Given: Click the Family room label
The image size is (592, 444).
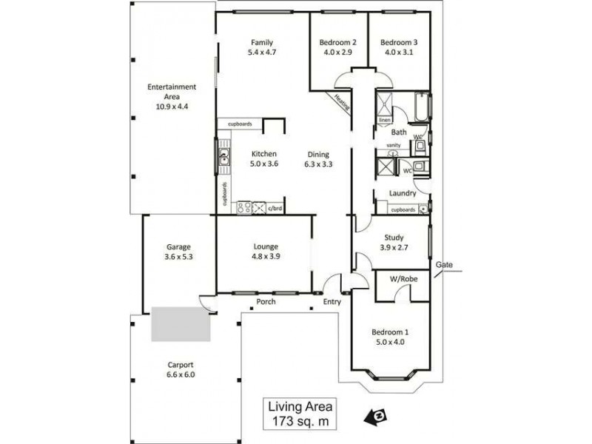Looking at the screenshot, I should click(x=262, y=41).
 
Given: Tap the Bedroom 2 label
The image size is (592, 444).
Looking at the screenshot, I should click(x=338, y=42).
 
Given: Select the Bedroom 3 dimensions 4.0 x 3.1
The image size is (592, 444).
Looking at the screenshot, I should click(x=400, y=53).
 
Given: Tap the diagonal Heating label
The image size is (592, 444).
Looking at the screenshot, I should click(x=342, y=101).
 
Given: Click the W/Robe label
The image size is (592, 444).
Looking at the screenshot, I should click(x=403, y=280).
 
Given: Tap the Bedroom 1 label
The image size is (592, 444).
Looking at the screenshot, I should click(x=388, y=332).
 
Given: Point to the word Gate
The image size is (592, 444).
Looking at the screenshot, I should click(x=444, y=264).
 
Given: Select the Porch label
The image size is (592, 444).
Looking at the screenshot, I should click(x=266, y=302).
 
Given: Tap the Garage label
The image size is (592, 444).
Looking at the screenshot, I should click(x=178, y=246).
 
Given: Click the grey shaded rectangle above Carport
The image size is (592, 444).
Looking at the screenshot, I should click(x=181, y=324).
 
